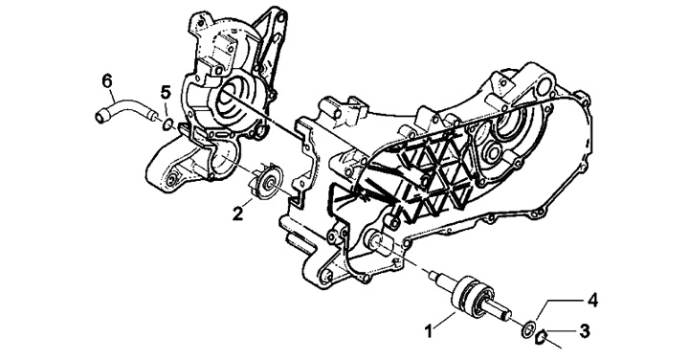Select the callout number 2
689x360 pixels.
click(x=237, y=214)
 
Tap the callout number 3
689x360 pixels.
click(x=585, y=331)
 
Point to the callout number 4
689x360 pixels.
click(x=592, y=301)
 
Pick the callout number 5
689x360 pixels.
click(x=165, y=92)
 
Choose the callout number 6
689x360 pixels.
click(x=107, y=81)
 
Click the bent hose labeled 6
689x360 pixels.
click(x=126, y=110)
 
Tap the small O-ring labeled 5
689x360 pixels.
click(x=167, y=125)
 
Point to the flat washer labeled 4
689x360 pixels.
click(x=528, y=329)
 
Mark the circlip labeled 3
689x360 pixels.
click(x=542, y=338)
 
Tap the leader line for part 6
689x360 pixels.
click(x=114, y=95)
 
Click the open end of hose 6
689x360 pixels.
click(x=100, y=118)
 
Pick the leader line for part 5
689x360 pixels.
click(x=166, y=110)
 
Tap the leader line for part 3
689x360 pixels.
click(x=564, y=332)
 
